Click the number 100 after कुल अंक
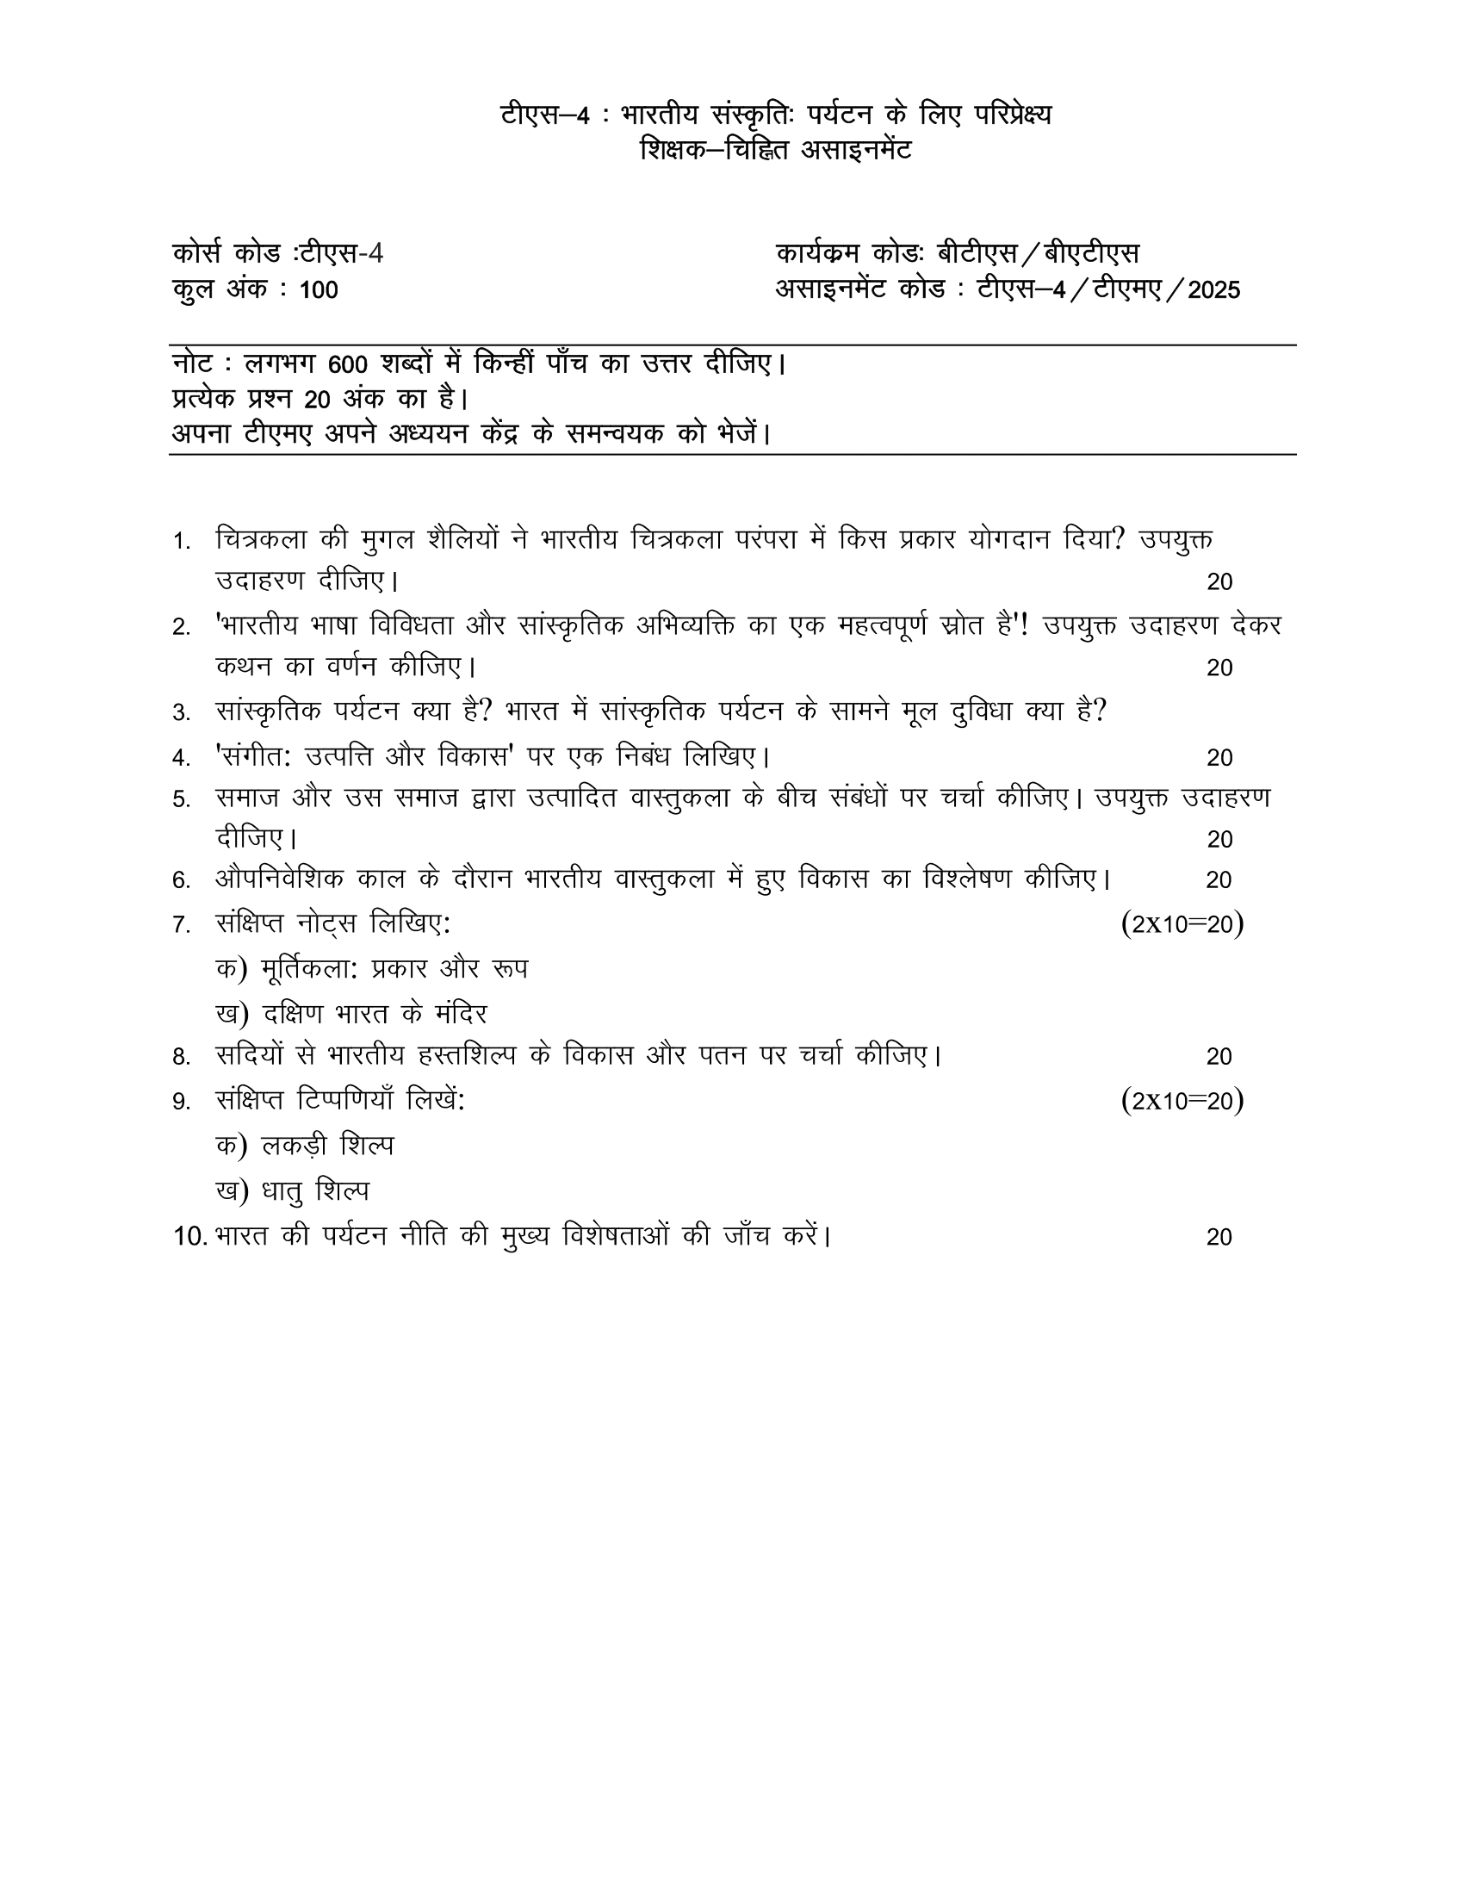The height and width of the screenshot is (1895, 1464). pyautogui.click(x=319, y=289)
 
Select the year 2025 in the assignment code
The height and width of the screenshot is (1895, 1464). pyautogui.click(x=1213, y=289)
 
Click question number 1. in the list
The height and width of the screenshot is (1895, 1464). pyautogui.click(x=181, y=543)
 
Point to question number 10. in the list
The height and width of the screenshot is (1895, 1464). pyautogui.click(x=190, y=1236)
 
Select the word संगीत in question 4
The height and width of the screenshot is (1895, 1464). pyautogui.click(x=257, y=756)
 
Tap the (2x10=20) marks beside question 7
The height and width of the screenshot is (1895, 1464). pyautogui.click(x=1182, y=924)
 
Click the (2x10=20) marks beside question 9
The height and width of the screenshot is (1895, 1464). pyautogui.click(x=1182, y=1101)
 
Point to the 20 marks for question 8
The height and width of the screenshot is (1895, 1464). pyautogui.click(x=1219, y=1057)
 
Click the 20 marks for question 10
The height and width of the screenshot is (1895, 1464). pyautogui.click(x=1219, y=1237)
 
